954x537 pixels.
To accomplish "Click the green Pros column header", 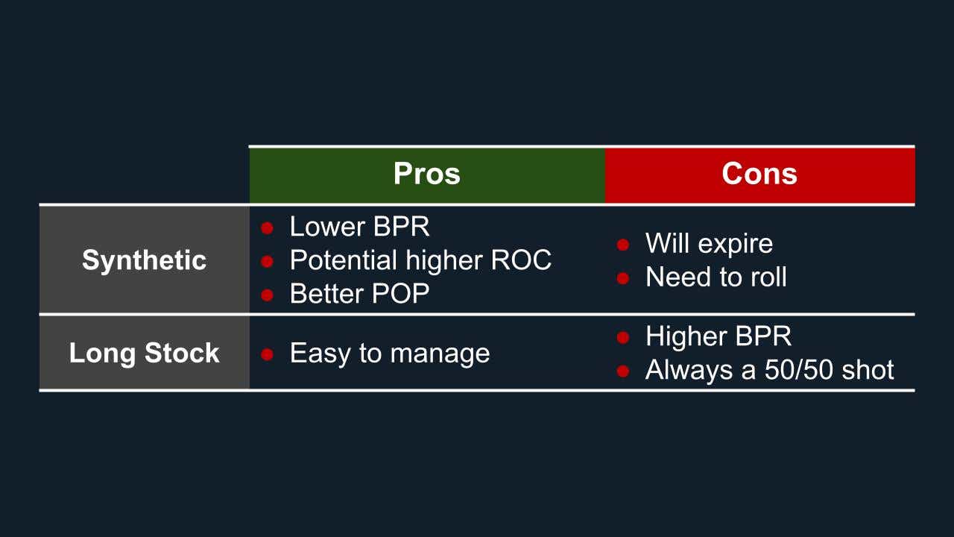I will [426, 175].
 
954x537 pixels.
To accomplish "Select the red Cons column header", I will [759, 175].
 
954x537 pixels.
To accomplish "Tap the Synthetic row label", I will [144, 260].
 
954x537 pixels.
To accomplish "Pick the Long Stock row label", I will [144, 353].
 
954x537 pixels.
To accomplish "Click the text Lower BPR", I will [359, 226].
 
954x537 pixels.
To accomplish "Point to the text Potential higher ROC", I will [420, 260].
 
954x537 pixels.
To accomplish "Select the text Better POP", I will [359, 294].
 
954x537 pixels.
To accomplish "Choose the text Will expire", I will [709, 243].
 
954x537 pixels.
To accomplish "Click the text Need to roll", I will [715, 277].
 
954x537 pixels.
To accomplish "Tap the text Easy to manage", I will [389, 353].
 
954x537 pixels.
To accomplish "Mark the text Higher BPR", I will [718, 336].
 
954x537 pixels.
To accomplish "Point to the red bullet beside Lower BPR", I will [268, 227].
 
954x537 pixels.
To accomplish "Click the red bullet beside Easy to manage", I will [268, 354].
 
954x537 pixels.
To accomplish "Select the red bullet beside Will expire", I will [623, 245].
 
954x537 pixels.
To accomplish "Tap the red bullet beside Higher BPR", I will [623, 338].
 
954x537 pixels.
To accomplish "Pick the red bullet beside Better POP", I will [268, 295].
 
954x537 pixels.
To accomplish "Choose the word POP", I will [401, 294].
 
